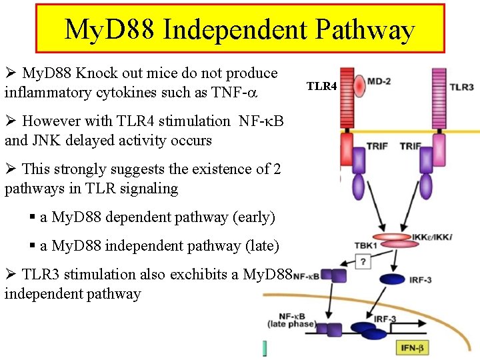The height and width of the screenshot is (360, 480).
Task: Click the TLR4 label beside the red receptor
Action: coord(321,86)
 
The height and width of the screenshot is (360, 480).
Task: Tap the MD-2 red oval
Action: coord(360,85)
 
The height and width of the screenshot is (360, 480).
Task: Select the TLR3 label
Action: coord(461,87)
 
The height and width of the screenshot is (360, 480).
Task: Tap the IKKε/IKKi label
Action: coord(433,236)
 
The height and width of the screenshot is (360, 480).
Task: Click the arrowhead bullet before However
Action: coord(11,121)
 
